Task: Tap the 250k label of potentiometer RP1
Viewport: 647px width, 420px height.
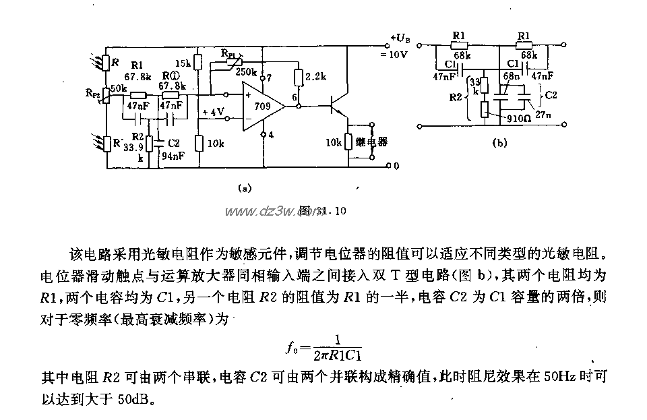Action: tap(247, 72)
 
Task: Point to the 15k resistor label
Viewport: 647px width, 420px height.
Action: tap(185, 62)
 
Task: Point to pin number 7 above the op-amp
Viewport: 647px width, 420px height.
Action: tap(269, 78)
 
